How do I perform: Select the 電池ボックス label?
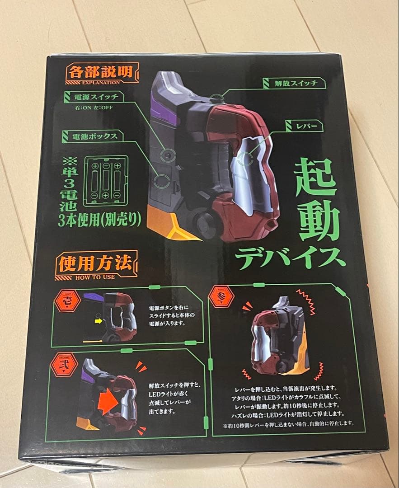point(93,135)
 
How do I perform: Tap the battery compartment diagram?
point(105,181)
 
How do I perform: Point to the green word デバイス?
point(290,257)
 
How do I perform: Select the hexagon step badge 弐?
point(64,364)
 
